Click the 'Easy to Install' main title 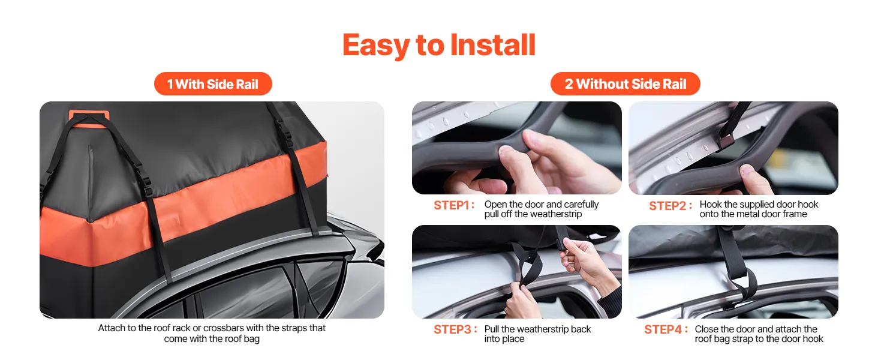coord(439,45)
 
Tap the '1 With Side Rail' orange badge coord(213,83)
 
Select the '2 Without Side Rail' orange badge coord(625,83)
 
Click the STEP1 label coord(454,205)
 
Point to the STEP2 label coord(670,205)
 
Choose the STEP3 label coord(455,329)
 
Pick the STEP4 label coord(666,329)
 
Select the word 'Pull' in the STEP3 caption coord(491,329)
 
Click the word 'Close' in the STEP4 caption coord(706,329)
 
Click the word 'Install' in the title coord(493,44)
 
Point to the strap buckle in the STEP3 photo coord(561,243)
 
